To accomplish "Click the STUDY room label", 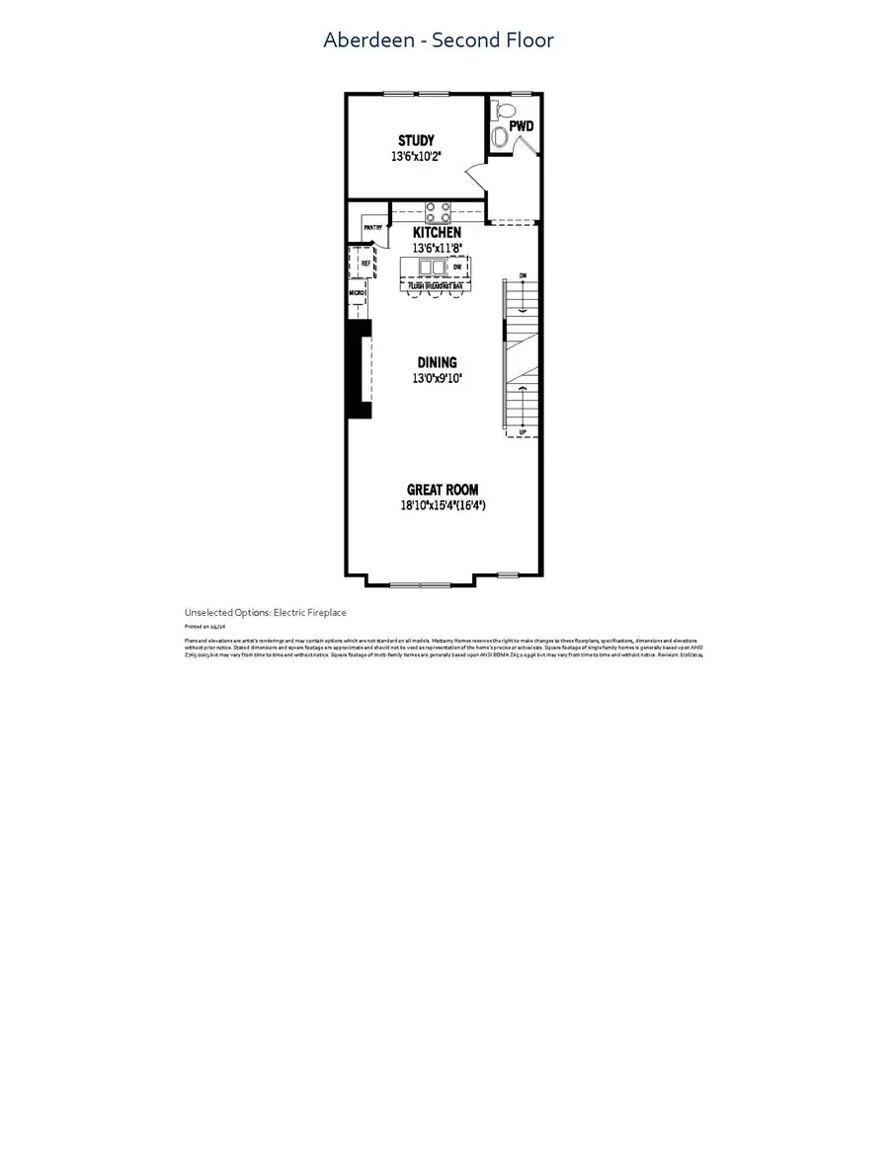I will click(x=416, y=141).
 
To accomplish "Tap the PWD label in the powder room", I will click(x=522, y=126).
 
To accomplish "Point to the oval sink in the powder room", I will click(x=500, y=136).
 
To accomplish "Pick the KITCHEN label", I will click(x=437, y=232).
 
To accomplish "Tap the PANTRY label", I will click(x=372, y=228).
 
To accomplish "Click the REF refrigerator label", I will click(x=364, y=264).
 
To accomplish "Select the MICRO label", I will click(x=357, y=293).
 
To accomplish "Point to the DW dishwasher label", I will click(x=457, y=267).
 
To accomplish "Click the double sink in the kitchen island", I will click(x=432, y=268).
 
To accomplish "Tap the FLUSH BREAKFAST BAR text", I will click(x=436, y=284).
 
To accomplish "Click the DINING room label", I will click(x=436, y=362).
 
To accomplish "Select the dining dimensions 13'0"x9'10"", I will click(x=437, y=378).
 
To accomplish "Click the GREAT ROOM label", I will click(x=443, y=490).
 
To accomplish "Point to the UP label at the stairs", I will click(x=523, y=431).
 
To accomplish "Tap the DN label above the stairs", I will click(x=523, y=275).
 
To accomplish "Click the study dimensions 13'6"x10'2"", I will click(x=416, y=156).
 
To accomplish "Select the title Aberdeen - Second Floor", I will click(x=439, y=40).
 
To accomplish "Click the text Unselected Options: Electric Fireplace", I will click(x=265, y=613).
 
